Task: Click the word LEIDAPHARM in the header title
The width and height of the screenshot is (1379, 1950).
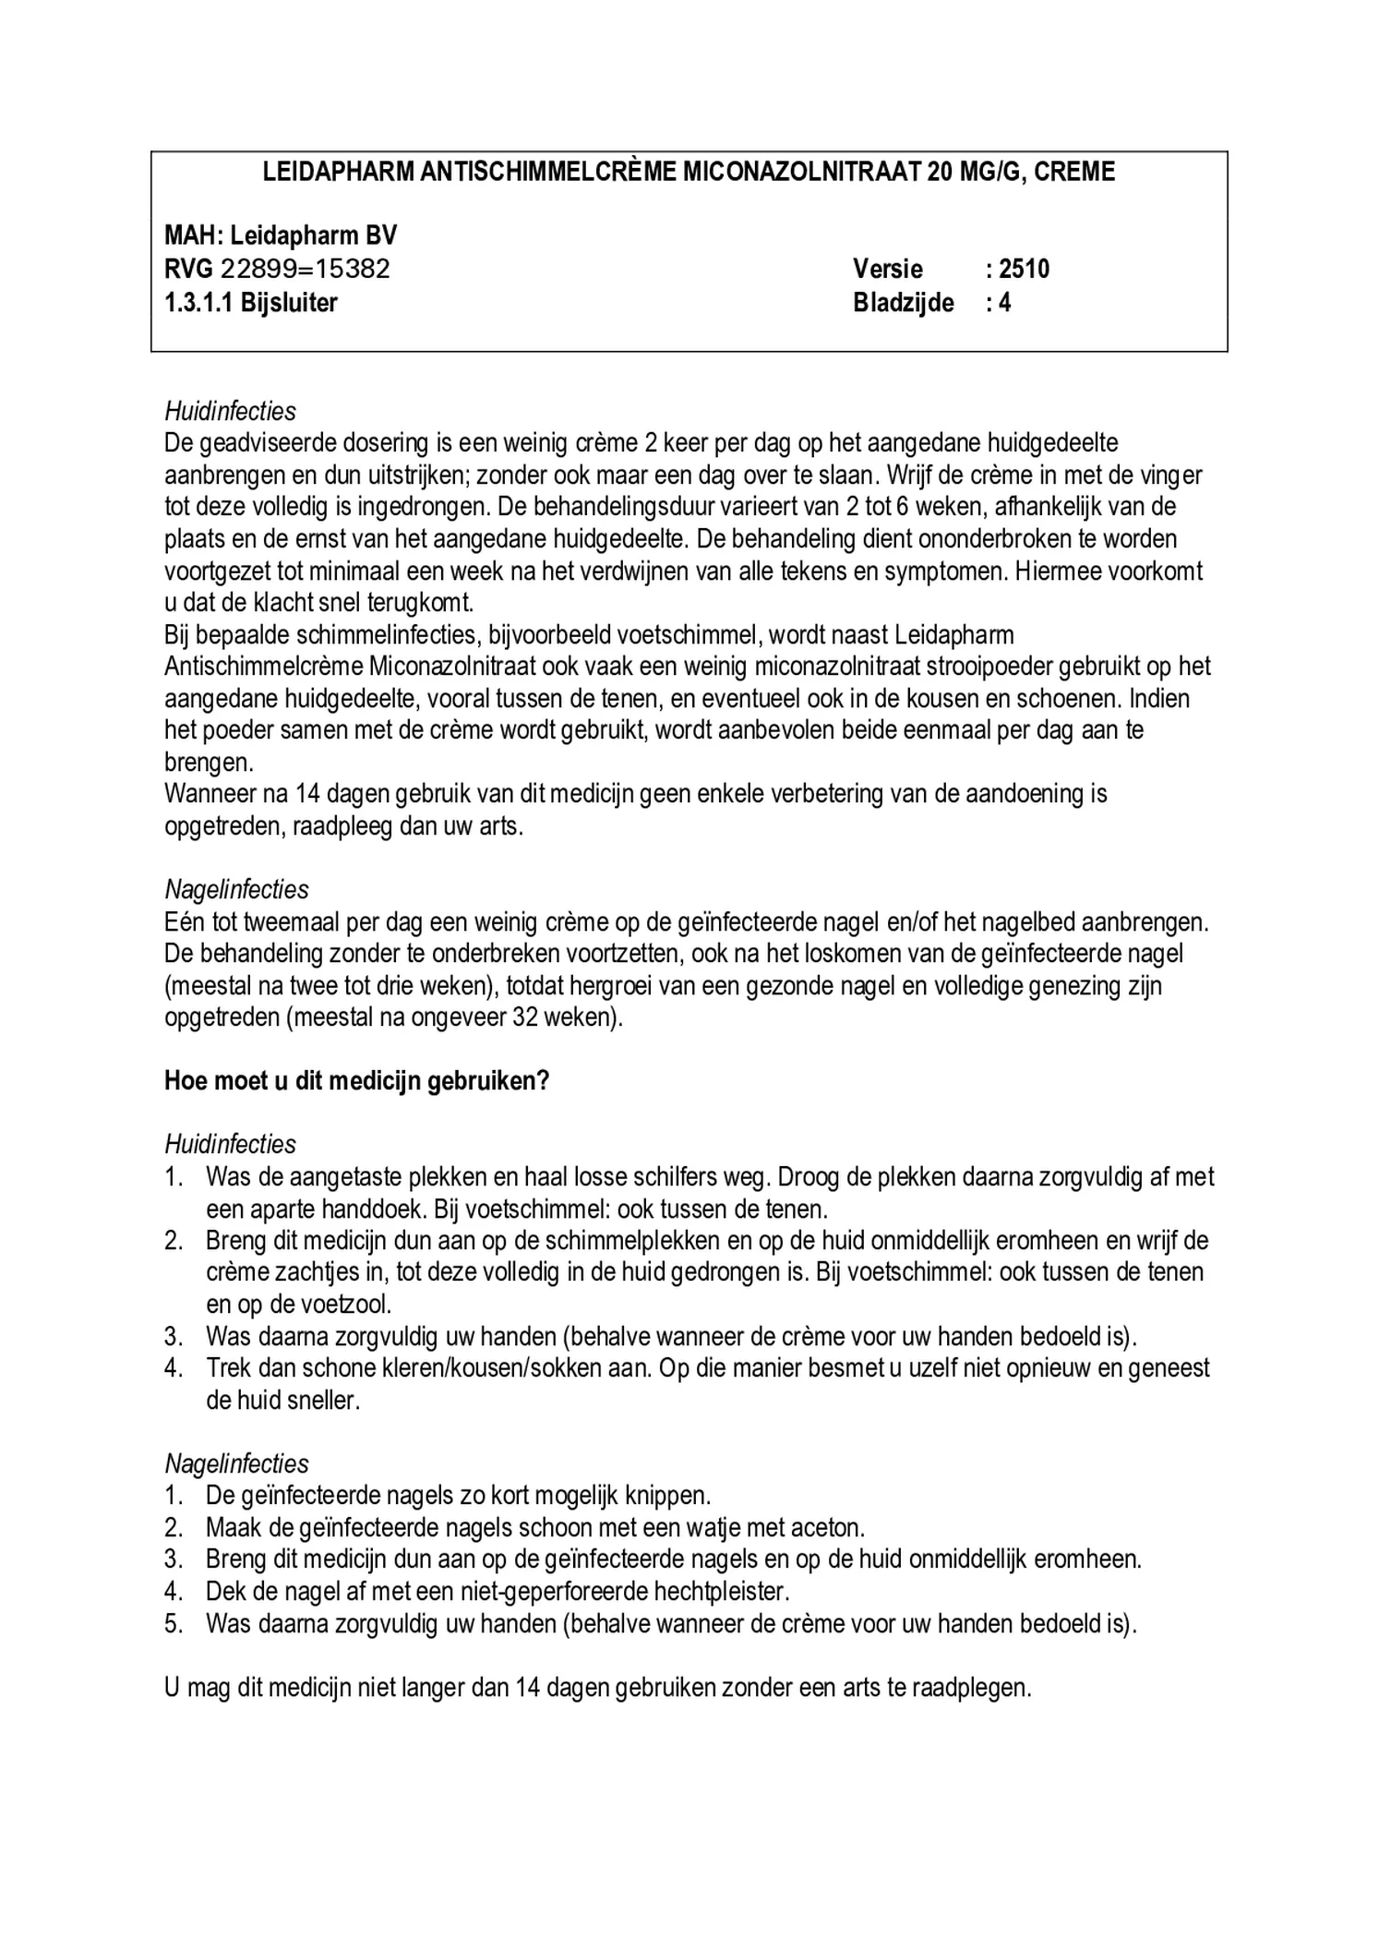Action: coord(338,172)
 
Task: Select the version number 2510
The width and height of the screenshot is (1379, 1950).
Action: coord(1024,269)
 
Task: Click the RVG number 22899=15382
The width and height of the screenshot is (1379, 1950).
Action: coord(305,269)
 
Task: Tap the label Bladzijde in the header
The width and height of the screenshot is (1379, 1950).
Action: coord(903,302)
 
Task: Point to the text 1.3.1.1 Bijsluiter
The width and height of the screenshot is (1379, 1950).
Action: coord(251,302)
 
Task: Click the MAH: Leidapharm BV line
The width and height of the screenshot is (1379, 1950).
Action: coord(281,235)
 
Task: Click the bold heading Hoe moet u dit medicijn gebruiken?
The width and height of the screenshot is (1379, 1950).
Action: coord(356,1080)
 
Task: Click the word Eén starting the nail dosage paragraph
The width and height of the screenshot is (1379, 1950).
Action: coord(183,921)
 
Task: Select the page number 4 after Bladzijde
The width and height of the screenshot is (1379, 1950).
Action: coord(1004,302)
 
